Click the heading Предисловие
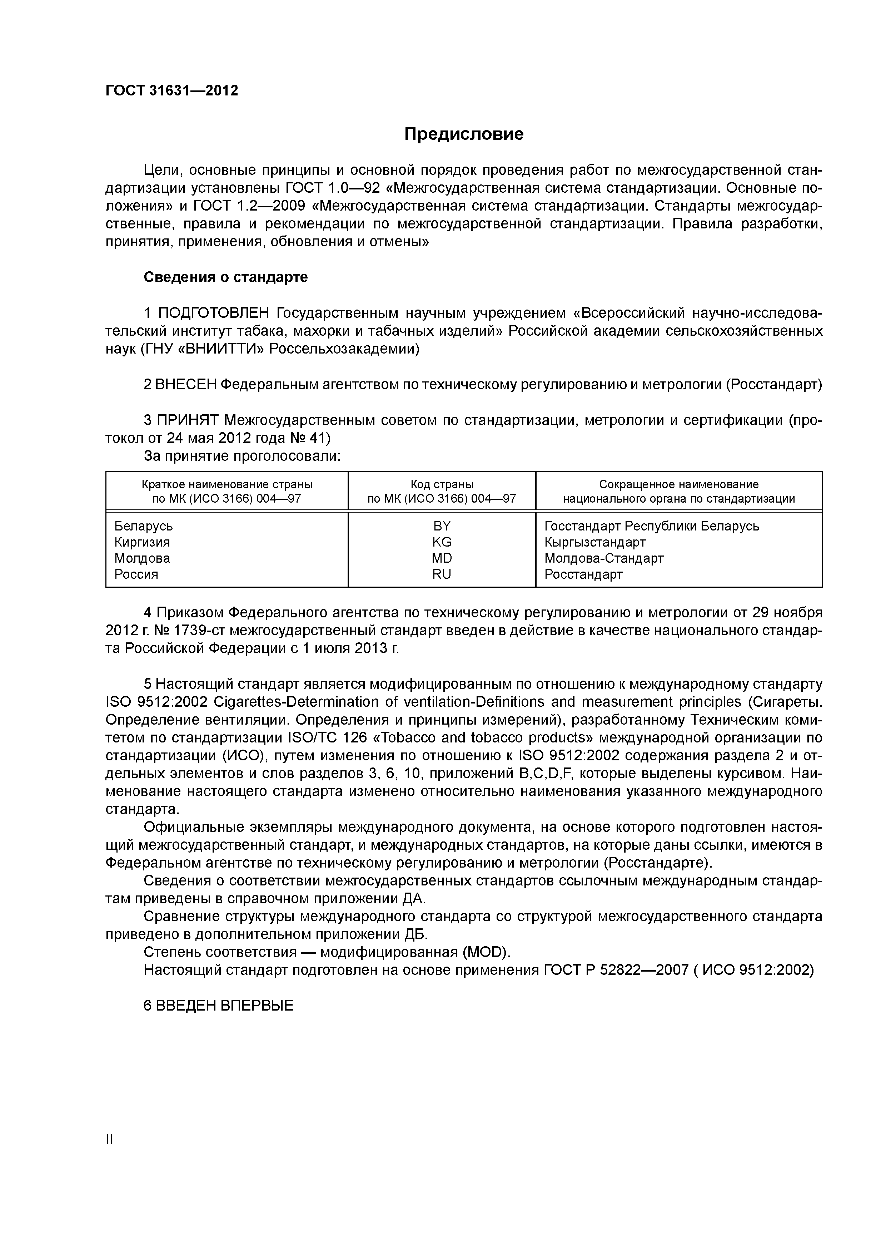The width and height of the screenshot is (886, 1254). (x=463, y=134)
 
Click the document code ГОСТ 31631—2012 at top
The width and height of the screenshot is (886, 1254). (x=172, y=91)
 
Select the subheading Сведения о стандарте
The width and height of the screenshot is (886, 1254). (x=225, y=277)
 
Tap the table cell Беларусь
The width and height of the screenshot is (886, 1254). (x=144, y=526)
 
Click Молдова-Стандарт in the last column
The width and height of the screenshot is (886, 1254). (x=604, y=558)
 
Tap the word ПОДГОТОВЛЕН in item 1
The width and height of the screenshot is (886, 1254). (x=214, y=313)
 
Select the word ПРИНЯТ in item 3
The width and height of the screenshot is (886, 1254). (x=188, y=420)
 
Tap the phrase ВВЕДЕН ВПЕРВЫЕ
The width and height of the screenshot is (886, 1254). (x=218, y=1006)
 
